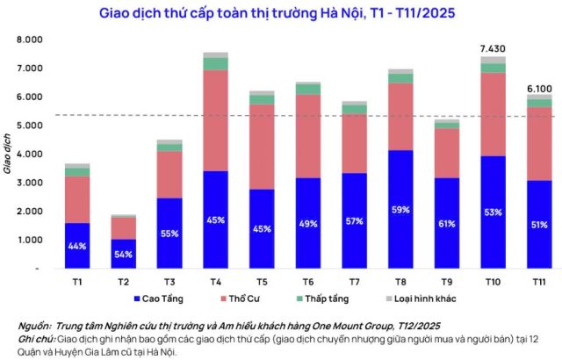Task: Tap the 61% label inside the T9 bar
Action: [447, 247]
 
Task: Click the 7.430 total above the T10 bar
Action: [493, 47]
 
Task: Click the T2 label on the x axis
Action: [124, 280]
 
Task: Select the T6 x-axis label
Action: [308, 280]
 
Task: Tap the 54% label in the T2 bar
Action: [124, 255]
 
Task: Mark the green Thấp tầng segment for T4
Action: [216, 63]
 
